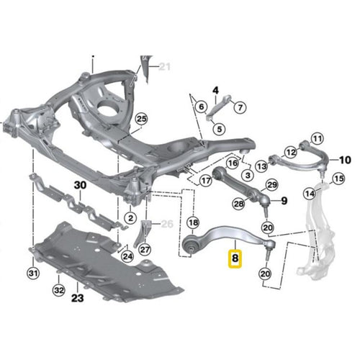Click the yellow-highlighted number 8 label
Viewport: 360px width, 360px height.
pos(235,258)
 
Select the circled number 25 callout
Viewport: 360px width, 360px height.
pos(141,119)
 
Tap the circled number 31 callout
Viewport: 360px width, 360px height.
pos(33,273)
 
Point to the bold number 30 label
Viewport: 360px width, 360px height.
pos(81,186)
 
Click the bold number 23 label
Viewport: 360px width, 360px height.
pos(78,298)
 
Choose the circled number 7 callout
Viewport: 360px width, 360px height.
pos(240,107)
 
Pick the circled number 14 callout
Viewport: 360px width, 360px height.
pos(310,193)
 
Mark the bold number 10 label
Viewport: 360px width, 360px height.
pos(345,160)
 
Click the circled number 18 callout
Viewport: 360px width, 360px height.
pos(193,222)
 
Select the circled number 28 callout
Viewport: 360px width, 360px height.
pos(239,204)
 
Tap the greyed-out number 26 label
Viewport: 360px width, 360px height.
pos(167,224)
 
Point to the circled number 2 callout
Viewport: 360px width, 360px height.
pos(130,218)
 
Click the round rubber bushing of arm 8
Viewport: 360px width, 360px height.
pos(192,246)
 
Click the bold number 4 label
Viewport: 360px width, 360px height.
pos(216,91)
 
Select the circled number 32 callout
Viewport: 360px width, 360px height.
pos(59,290)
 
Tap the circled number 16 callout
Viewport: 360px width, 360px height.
pos(233,163)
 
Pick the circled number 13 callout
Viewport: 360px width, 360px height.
pos(262,166)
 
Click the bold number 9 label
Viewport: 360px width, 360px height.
pos(284,201)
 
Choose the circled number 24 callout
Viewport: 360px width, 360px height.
pos(127,256)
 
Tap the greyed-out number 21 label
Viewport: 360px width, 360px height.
pos(164,67)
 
